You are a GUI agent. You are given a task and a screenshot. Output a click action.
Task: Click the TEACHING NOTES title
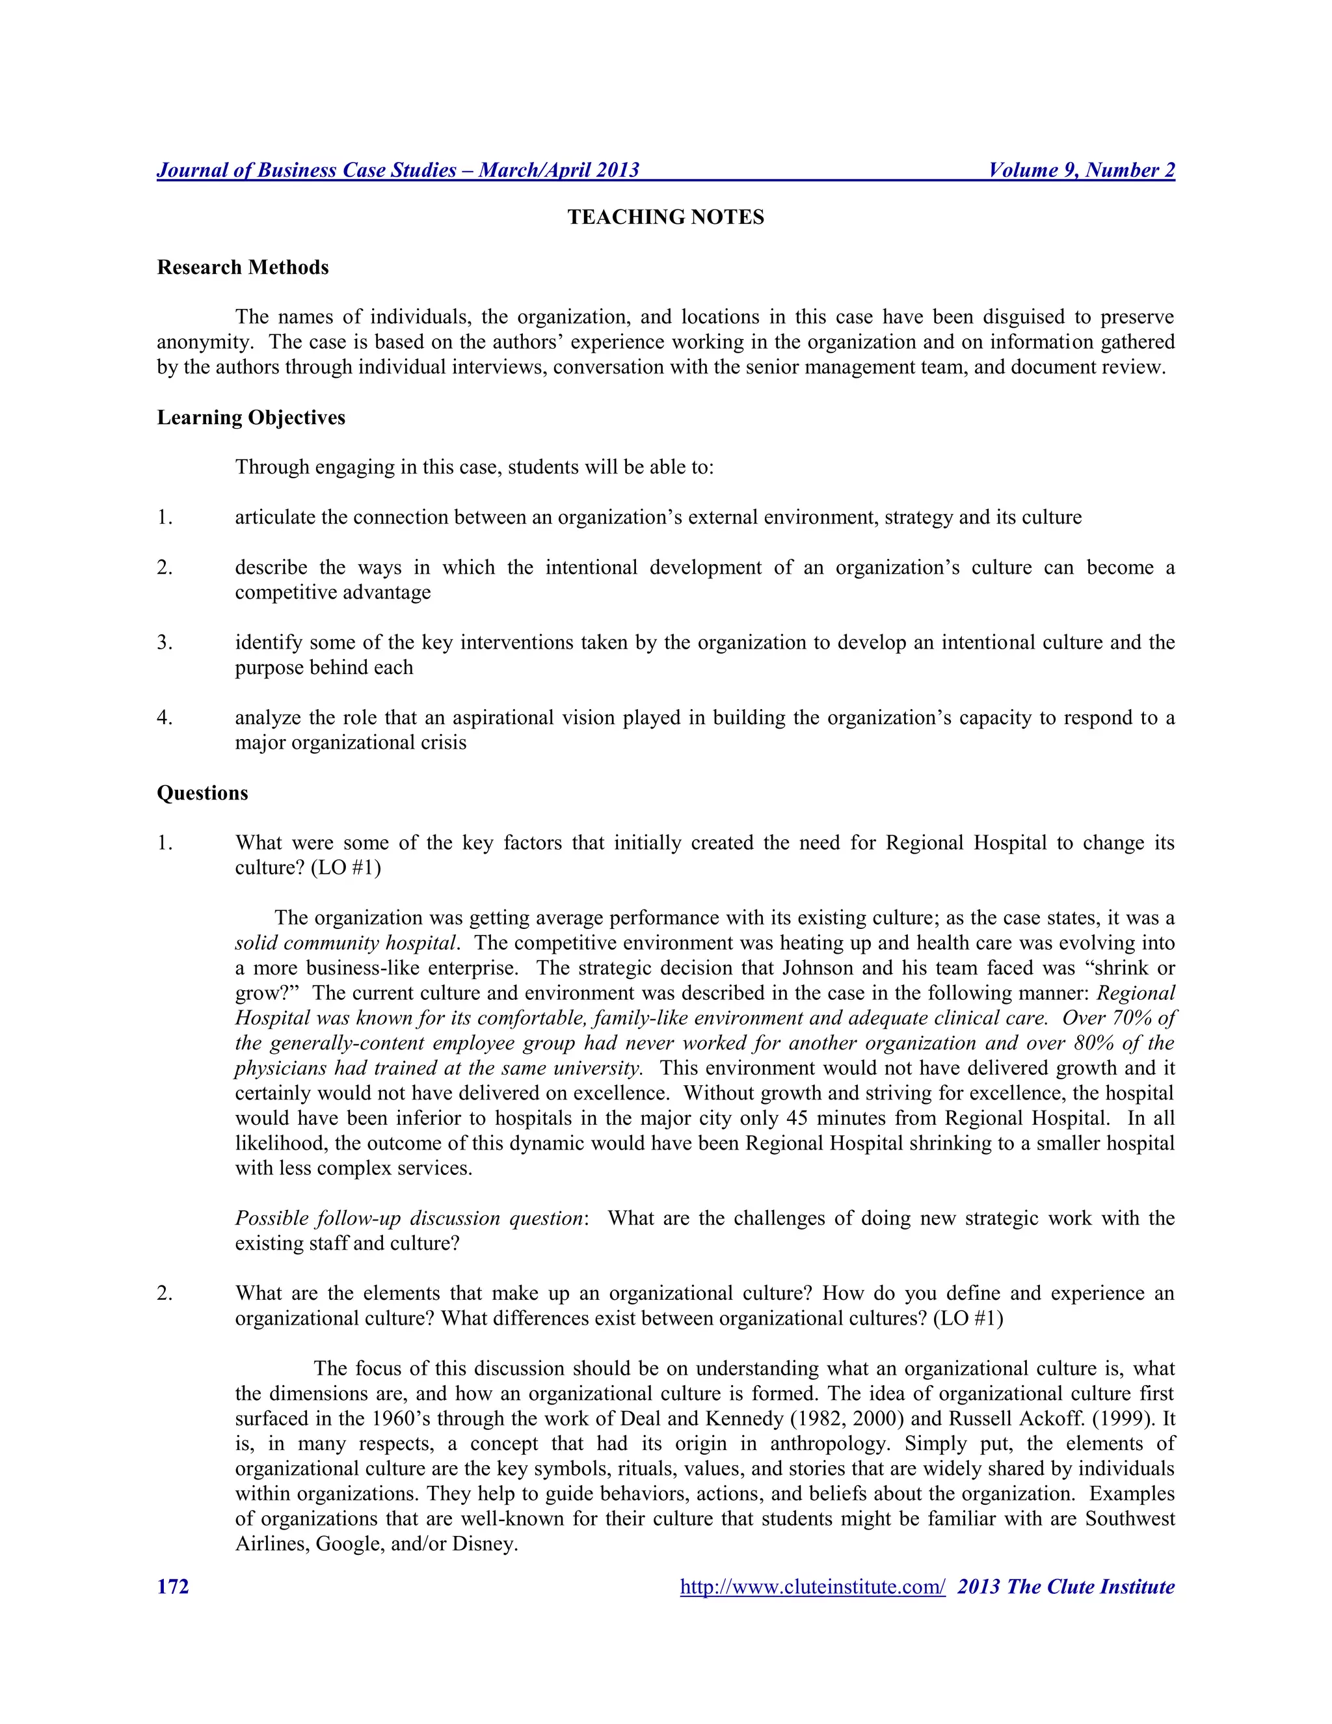[x=665, y=217]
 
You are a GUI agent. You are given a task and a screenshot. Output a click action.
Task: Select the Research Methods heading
[x=242, y=267]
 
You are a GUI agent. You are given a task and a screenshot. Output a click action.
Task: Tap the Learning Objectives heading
[x=251, y=418]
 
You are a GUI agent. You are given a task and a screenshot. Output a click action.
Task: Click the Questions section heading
[x=202, y=793]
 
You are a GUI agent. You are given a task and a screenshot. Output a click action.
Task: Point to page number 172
[x=173, y=1587]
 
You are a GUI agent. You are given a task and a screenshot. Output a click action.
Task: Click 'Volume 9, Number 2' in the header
[x=1081, y=170]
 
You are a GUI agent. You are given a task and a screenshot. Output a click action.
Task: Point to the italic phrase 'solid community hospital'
[x=345, y=943]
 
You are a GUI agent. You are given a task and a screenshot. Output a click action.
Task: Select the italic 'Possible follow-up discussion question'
[x=408, y=1219]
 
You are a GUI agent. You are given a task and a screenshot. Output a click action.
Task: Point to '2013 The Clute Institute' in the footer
[x=1065, y=1587]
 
